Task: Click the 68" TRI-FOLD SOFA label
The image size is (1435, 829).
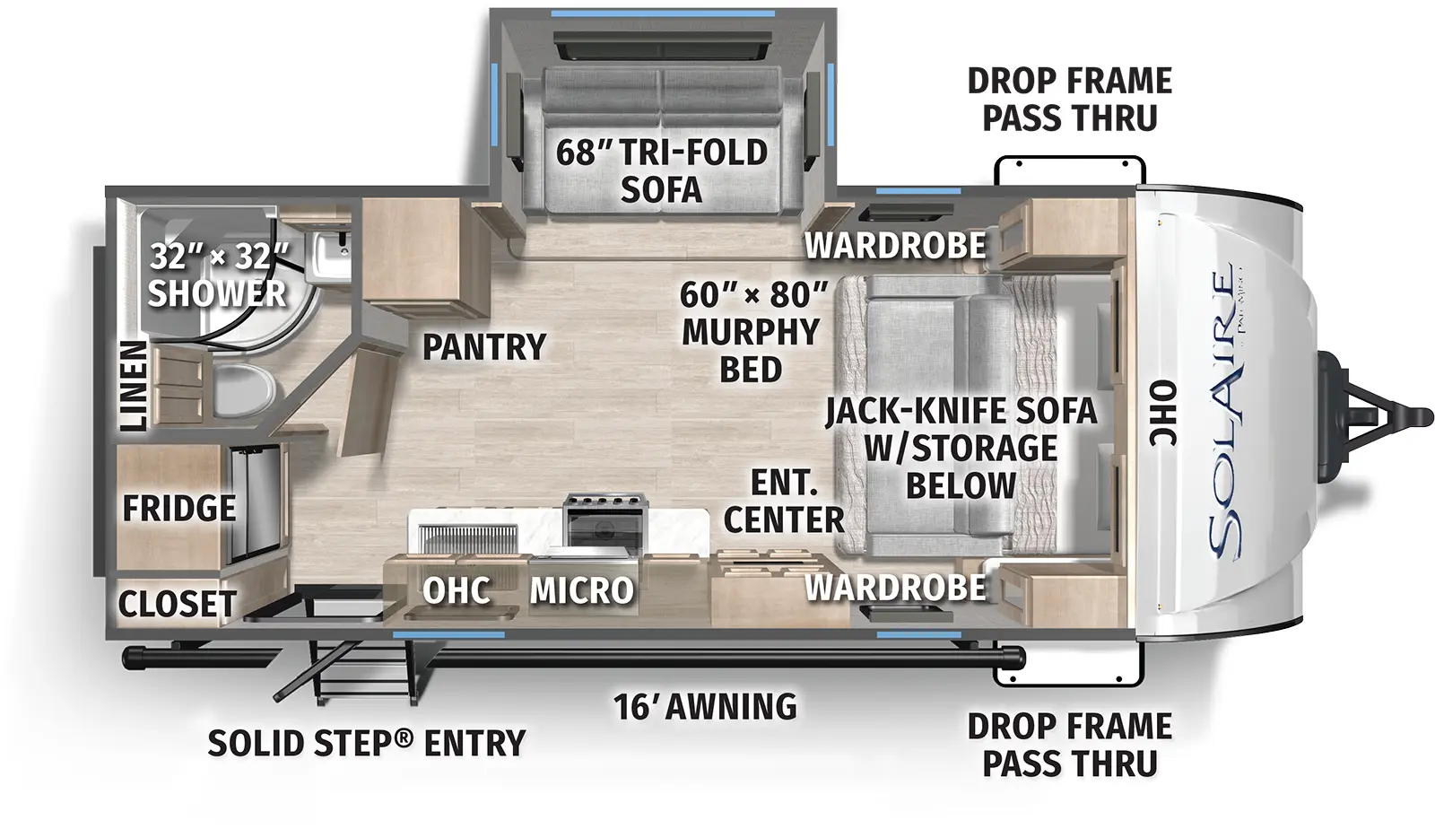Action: pyautogui.click(x=662, y=170)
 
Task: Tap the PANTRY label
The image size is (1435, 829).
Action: pyautogui.click(x=484, y=346)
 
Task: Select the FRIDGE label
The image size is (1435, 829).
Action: pyautogui.click(x=179, y=509)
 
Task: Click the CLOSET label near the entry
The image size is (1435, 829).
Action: pyautogui.click(x=178, y=604)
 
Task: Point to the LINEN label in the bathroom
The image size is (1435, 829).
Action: pyautogui.click(x=133, y=385)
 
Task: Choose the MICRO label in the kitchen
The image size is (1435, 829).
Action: pyautogui.click(x=581, y=590)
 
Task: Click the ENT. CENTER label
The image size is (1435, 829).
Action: pyautogui.click(x=784, y=502)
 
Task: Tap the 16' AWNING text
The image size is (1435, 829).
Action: pyautogui.click(x=705, y=707)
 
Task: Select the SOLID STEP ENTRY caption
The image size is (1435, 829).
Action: pyautogui.click(x=366, y=744)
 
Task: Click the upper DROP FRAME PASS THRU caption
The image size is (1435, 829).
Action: pyautogui.click(x=1069, y=99)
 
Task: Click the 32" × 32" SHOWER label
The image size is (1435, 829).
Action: pyautogui.click(x=218, y=275)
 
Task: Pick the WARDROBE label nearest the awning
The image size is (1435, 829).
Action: pyautogui.click(x=895, y=588)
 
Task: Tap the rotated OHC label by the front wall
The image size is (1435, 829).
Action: pyautogui.click(x=1163, y=414)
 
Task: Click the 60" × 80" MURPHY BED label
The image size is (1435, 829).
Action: pyautogui.click(x=752, y=331)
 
